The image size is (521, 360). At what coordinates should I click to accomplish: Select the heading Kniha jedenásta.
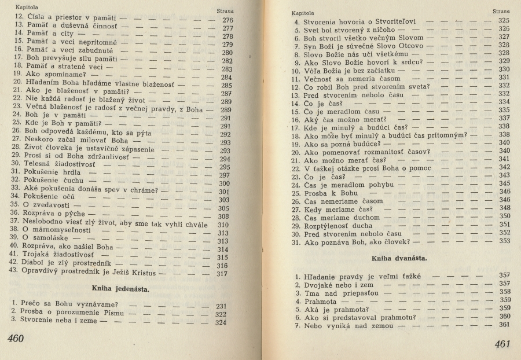120,288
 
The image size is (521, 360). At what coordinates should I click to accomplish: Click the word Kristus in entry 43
141,274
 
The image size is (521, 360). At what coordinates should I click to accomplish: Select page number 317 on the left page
222,274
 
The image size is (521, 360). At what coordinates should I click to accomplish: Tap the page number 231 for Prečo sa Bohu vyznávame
221,306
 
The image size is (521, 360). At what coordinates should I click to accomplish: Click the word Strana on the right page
501,11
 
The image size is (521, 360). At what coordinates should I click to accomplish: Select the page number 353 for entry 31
504,241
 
